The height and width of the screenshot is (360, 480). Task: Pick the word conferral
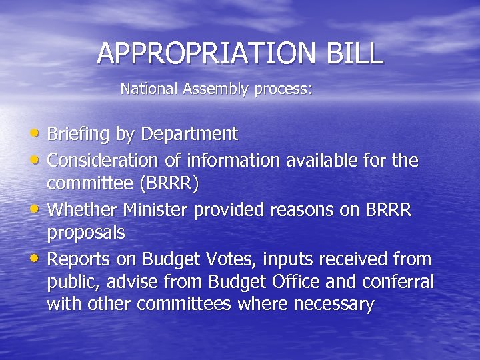click(398, 282)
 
